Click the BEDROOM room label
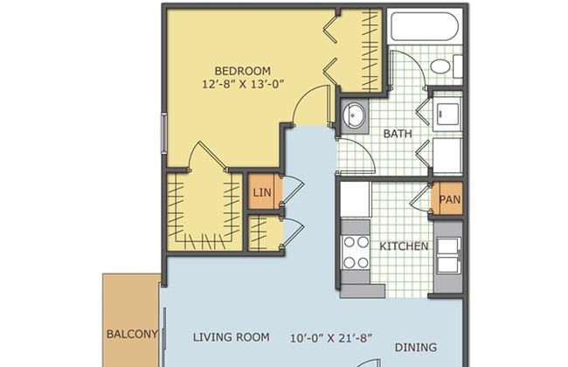tap(242, 71)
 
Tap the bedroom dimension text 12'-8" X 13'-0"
tap(242, 85)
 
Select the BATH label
tap(398, 134)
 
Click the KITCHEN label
tap(404, 246)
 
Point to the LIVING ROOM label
tap(231, 337)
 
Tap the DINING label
tap(415, 348)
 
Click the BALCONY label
tap(132, 334)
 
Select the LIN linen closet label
tap(262, 192)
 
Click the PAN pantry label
tap(449, 199)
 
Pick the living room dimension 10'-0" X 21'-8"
tap(331, 338)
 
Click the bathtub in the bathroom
tap(425, 26)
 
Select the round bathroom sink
tap(353, 114)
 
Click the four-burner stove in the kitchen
tap(356, 253)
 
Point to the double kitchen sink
tap(448, 256)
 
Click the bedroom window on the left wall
tap(164, 133)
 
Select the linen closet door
tap(293, 193)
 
